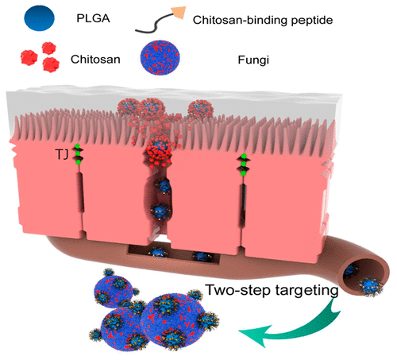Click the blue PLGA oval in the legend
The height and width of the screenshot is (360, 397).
[39, 18]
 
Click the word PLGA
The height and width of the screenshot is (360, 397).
[93, 18]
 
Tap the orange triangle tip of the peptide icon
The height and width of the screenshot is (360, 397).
[179, 13]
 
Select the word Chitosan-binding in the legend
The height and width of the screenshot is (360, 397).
[240, 20]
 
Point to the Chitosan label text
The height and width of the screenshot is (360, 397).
[95, 59]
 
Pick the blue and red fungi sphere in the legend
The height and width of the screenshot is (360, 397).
[160, 57]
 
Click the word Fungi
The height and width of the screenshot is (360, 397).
[253, 60]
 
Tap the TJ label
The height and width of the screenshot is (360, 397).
[63, 154]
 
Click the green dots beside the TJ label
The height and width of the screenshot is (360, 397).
[78, 153]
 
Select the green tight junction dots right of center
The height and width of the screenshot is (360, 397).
[244, 165]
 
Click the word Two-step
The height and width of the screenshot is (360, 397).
[238, 290]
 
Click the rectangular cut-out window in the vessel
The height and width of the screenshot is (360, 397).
[174, 254]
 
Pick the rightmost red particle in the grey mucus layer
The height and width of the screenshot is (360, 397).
[200, 109]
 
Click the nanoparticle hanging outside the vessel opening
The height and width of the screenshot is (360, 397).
[371, 287]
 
